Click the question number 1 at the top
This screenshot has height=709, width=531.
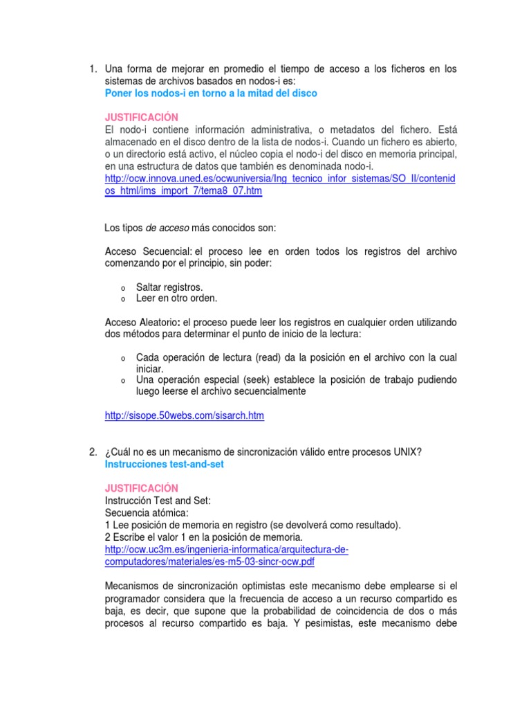pos(92,69)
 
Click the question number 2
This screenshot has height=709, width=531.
pos(92,452)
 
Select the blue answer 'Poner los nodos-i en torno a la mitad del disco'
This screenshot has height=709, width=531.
pos(211,93)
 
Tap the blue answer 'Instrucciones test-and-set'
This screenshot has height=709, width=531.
pos(165,465)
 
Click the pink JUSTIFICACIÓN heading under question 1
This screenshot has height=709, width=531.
pos(141,118)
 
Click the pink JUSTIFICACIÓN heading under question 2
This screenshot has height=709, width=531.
pos(141,488)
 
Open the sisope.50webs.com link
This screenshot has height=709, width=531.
pos(185,416)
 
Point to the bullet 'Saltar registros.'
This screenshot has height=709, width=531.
pos(169,287)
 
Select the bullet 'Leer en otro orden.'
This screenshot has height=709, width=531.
pos(176,298)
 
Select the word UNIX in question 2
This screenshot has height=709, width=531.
pos(407,452)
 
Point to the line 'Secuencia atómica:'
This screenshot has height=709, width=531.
pos(146,512)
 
